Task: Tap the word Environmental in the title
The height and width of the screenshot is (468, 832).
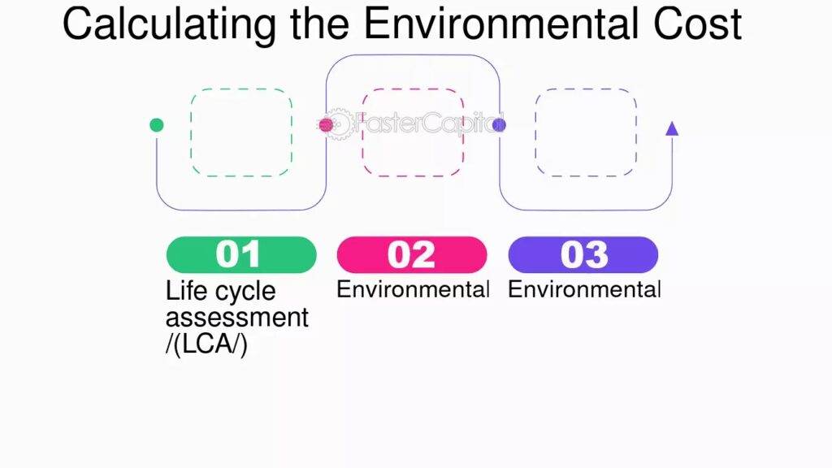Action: (x=500, y=24)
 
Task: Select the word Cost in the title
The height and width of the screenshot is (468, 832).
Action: (x=697, y=24)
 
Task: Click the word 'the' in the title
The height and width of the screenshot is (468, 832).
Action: (x=319, y=24)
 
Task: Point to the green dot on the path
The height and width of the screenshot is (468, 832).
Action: (x=157, y=125)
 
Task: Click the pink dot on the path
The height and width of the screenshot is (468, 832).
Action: (x=327, y=125)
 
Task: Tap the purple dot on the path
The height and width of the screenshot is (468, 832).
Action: (x=500, y=125)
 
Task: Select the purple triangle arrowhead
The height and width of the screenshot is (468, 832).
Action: (x=672, y=128)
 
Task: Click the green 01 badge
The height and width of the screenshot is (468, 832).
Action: (x=241, y=254)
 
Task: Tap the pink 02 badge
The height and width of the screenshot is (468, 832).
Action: (x=412, y=254)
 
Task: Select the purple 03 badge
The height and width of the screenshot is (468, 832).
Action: (x=583, y=254)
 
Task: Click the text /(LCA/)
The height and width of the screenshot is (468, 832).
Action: (x=206, y=344)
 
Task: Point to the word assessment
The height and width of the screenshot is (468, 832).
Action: (x=236, y=318)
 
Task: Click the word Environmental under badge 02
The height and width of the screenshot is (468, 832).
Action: (x=413, y=289)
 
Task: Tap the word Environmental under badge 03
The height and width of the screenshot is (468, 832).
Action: (x=584, y=289)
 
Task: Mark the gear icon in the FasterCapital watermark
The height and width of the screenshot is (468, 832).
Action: (x=337, y=124)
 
